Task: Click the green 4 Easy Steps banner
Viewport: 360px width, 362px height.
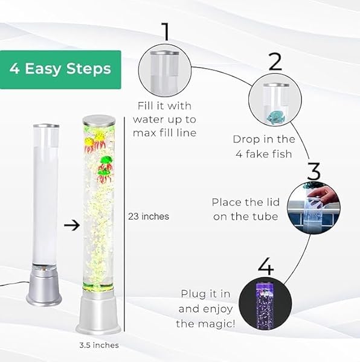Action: pyautogui.click(x=60, y=69)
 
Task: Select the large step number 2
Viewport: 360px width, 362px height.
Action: pyautogui.click(x=275, y=61)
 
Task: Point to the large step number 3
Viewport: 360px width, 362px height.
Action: pyautogui.click(x=313, y=171)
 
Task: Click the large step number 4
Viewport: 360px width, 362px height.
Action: pyautogui.click(x=266, y=266)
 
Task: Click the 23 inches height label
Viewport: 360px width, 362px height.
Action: pyautogui.click(x=149, y=216)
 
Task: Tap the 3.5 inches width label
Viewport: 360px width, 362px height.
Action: pyautogui.click(x=99, y=345)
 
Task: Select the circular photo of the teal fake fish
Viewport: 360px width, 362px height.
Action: pyautogui.click(x=274, y=101)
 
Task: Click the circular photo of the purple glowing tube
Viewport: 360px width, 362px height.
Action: pyautogui.click(x=265, y=305)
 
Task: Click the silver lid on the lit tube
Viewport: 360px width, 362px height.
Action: pyautogui.click(x=99, y=119)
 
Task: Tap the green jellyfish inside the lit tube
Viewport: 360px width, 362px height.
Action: pyautogui.click(x=106, y=161)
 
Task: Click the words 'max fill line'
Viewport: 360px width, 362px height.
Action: pyautogui.click(x=165, y=133)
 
